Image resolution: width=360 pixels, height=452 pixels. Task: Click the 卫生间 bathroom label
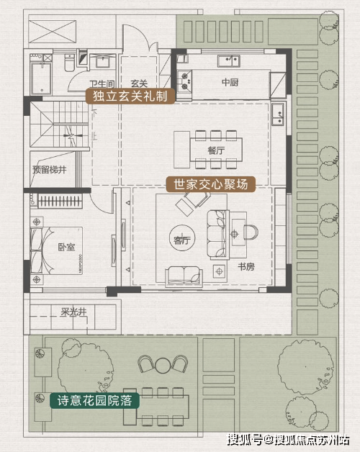102,84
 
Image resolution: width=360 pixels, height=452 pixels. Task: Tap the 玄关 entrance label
140,83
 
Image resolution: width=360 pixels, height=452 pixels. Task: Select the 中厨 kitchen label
230,83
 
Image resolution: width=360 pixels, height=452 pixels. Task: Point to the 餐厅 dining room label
216,150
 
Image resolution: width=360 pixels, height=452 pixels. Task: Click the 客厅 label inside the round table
182,240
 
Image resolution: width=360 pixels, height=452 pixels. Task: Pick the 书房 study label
246,266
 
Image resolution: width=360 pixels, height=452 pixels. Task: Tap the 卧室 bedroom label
67,248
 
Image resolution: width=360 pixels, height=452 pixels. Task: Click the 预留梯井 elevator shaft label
50,170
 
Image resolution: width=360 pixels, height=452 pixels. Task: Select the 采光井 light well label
73,312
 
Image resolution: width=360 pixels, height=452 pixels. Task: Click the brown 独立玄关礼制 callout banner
130,96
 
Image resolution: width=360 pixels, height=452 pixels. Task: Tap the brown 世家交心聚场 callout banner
211,184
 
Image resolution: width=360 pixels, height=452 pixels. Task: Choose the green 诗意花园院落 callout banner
94,401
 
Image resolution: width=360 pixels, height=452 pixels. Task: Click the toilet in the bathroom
69,63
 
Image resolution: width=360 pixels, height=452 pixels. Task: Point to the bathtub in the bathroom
42,78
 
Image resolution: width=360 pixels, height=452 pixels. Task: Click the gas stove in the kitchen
184,81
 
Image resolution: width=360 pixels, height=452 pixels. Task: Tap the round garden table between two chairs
163,365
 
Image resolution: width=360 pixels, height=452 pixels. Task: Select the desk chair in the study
251,232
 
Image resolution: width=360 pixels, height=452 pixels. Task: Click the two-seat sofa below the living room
184,276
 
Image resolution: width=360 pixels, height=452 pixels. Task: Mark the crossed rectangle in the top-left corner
53,32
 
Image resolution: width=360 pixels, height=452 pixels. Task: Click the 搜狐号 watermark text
245,440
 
